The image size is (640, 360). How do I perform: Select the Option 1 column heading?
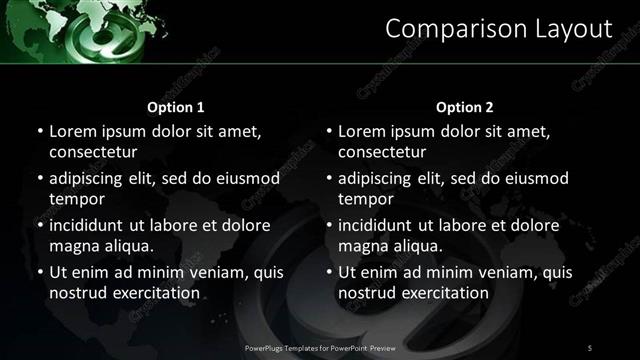[x=176, y=107]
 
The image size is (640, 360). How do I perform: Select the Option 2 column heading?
[x=465, y=107]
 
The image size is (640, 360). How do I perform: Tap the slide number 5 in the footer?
[x=590, y=347]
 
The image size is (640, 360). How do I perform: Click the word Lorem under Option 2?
[x=362, y=131]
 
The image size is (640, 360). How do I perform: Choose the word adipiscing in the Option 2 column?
[x=382, y=178]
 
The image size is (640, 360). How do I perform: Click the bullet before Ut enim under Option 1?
[x=38, y=272]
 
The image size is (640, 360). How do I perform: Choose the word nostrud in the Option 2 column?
[x=366, y=293]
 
